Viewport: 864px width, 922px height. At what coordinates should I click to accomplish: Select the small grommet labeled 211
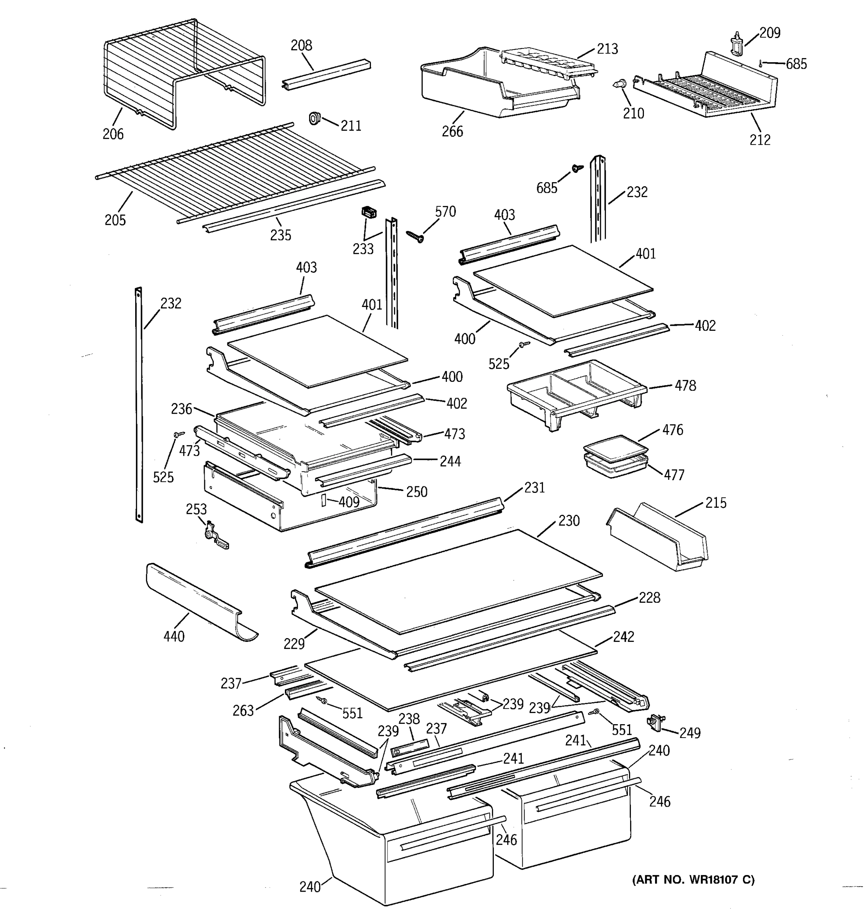click(x=315, y=118)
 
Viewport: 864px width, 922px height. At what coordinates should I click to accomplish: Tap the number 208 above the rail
click(x=301, y=45)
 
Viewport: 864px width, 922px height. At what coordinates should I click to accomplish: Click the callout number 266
click(x=452, y=132)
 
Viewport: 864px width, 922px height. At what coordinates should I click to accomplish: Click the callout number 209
click(x=770, y=33)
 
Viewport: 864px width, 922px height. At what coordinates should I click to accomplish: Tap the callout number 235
click(x=280, y=235)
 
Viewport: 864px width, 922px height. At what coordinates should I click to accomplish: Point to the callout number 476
click(x=672, y=430)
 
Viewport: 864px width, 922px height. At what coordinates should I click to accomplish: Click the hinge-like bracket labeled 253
click(x=214, y=536)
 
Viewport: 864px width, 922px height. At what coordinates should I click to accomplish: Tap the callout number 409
click(x=349, y=502)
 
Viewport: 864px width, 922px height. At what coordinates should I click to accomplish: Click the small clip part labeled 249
click(x=655, y=721)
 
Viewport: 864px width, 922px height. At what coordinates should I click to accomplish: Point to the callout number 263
click(x=243, y=710)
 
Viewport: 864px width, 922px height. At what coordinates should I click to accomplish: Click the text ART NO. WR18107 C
click(x=693, y=879)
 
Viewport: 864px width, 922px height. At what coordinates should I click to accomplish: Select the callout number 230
click(x=569, y=521)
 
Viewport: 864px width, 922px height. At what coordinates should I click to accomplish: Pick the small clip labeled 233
click(x=369, y=213)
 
